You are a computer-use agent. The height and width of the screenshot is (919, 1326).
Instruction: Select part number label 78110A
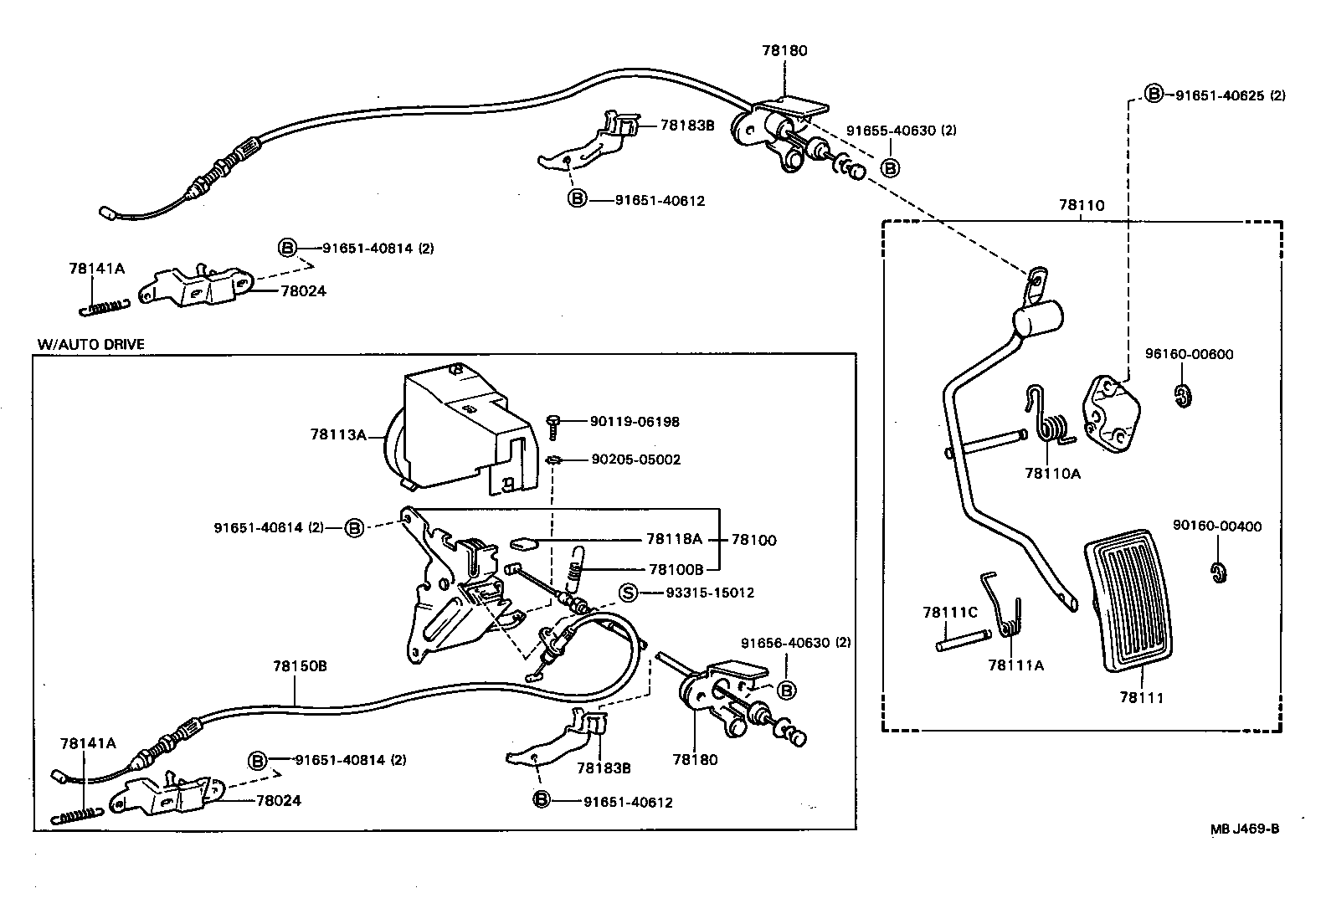(1052, 474)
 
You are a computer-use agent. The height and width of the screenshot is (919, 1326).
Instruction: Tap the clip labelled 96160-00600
(1183, 394)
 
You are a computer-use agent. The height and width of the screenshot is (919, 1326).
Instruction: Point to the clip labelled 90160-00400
(1218, 572)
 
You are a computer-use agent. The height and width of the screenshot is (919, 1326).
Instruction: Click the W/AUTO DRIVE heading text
(90, 344)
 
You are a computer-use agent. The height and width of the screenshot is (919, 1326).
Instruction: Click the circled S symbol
(628, 593)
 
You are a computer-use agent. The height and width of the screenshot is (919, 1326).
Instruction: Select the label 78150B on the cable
(299, 667)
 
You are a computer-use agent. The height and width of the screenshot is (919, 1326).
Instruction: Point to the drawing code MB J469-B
(1245, 829)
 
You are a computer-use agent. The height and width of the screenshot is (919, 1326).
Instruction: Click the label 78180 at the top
(784, 50)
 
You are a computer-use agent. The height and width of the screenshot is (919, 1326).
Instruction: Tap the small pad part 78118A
(524, 545)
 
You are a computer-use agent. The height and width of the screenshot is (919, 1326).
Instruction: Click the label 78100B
(676, 569)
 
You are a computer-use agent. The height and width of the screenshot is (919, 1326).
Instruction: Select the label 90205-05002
(635, 459)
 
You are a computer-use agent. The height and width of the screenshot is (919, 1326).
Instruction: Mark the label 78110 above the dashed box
(1082, 205)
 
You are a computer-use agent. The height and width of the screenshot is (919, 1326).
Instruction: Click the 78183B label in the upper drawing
(686, 126)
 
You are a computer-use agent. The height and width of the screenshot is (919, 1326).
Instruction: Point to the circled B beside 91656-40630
(786, 691)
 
